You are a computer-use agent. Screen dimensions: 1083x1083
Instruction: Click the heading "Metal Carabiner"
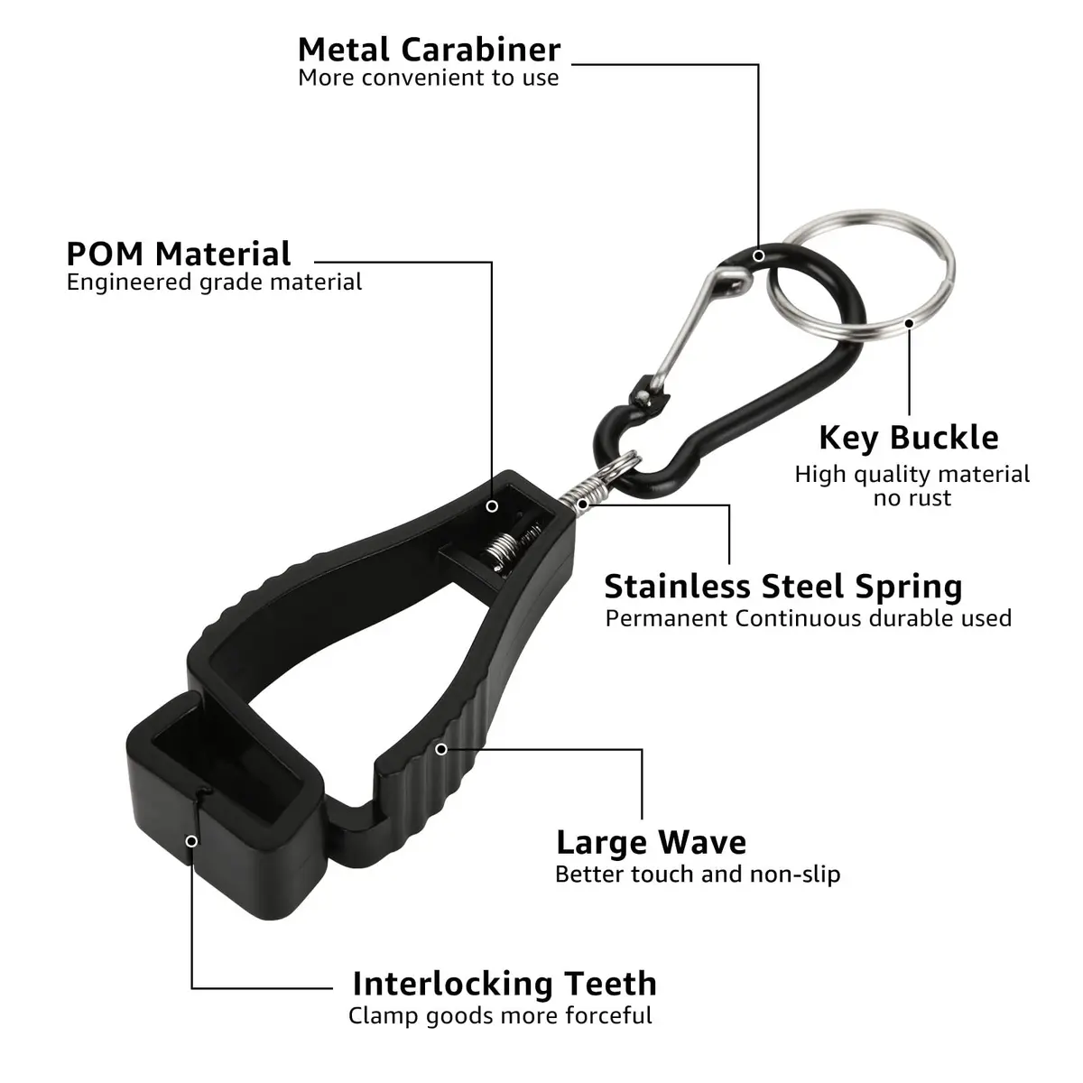[x=429, y=50]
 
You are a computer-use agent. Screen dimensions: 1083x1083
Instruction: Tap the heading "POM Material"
[x=179, y=254]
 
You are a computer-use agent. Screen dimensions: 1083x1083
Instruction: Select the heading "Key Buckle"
[x=909, y=439]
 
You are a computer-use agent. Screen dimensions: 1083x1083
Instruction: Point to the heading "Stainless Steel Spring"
[x=783, y=588]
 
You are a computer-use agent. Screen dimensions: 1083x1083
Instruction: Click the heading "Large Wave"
[x=652, y=843]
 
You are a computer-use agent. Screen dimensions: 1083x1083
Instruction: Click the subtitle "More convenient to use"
[x=429, y=79]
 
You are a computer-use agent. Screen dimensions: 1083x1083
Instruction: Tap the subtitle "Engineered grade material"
[x=214, y=282]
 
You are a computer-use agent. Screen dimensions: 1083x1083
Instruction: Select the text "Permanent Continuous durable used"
[x=808, y=619]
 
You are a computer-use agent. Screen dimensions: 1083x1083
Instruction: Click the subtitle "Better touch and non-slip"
[x=698, y=875]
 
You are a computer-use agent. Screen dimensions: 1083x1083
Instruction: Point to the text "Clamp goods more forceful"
[x=500, y=1016]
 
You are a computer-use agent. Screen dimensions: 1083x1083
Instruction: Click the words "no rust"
[x=912, y=498]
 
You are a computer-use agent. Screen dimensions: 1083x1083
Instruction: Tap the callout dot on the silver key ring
[x=909, y=323]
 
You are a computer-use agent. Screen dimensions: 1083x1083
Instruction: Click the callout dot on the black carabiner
[x=759, y=255]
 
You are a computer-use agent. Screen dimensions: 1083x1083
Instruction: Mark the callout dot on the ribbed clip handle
[x=441, y=749]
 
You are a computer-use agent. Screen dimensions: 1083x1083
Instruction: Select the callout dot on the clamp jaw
[x=191, y=841]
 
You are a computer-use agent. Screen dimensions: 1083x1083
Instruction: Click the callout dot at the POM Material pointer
[x=492, y=506]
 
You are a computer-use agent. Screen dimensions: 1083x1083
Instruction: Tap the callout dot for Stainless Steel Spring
[x=583, y=504]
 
